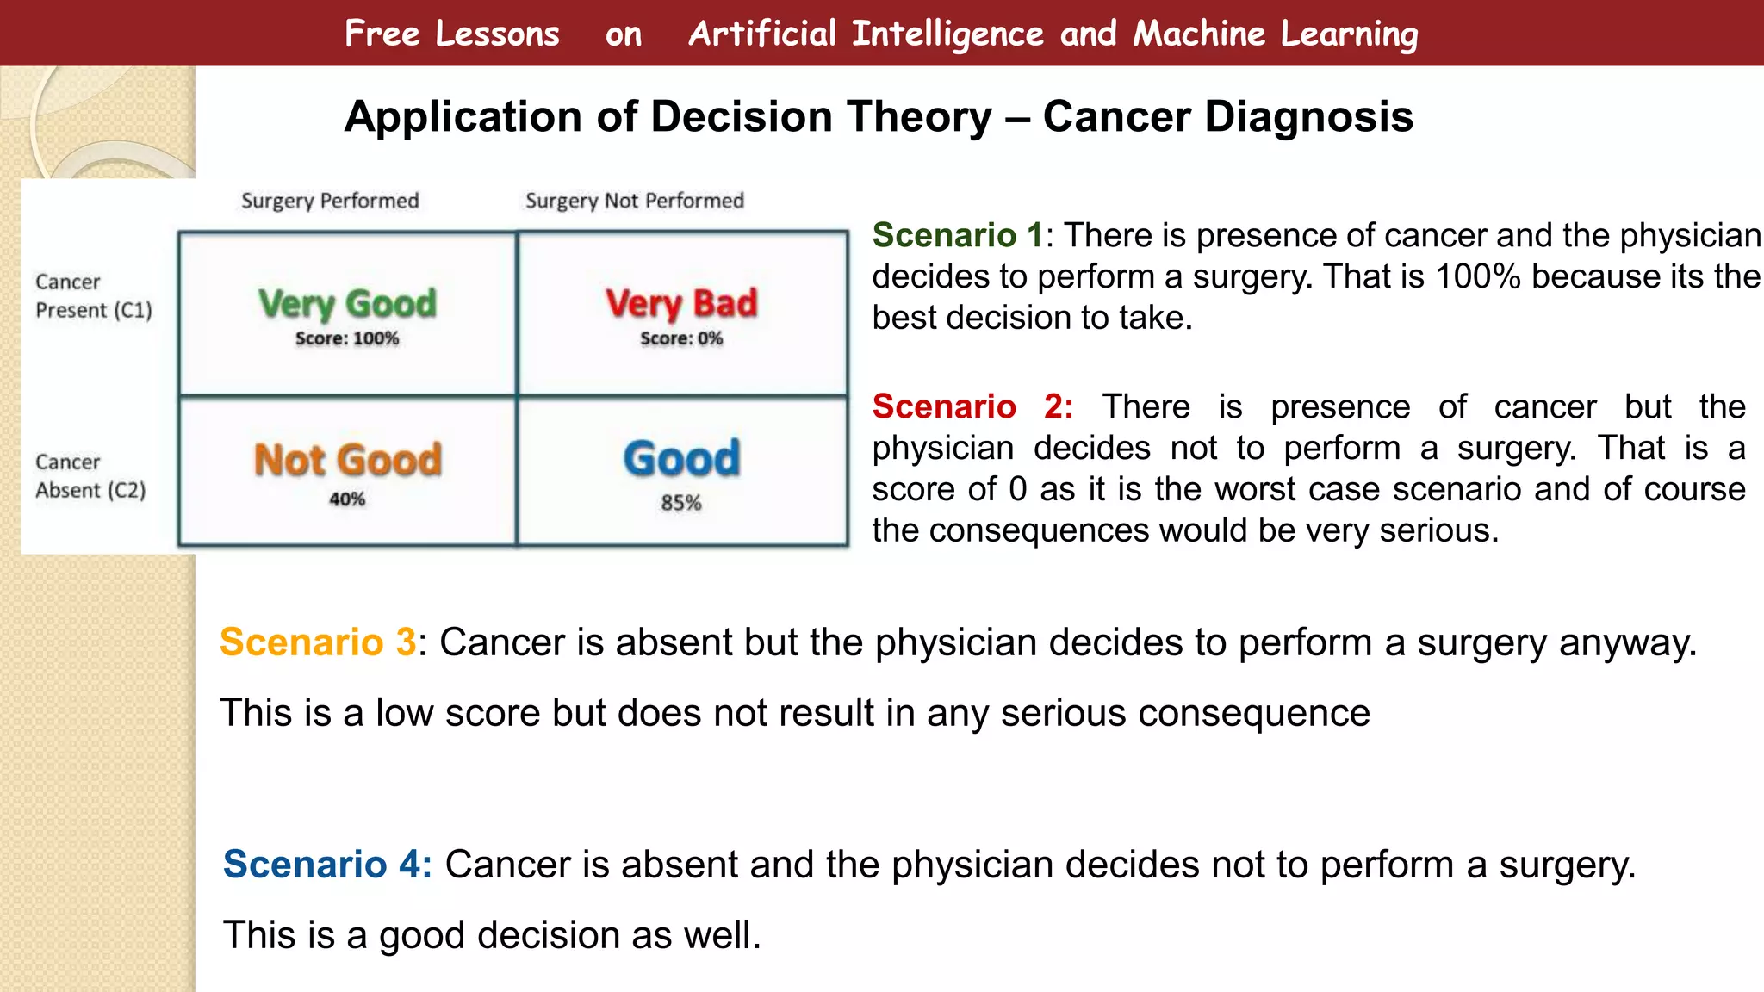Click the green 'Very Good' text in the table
click(347, 304)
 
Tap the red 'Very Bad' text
click(680, 304)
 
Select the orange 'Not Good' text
click(347, 460)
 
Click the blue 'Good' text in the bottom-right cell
click(680, 459)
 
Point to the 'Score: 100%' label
click(347, 338)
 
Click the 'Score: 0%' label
click(680, 338)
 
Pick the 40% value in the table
click(347, 499)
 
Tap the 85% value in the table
click(680, 503)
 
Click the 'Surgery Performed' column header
click(330, 201)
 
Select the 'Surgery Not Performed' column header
click(634, 201)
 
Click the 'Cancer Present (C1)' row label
click(93, 296)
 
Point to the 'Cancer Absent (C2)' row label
click(90, 476)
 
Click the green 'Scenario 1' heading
click(957, 235)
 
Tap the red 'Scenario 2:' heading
click(972, 406)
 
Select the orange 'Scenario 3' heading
click(318, 642)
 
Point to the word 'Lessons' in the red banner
click(497, 34)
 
